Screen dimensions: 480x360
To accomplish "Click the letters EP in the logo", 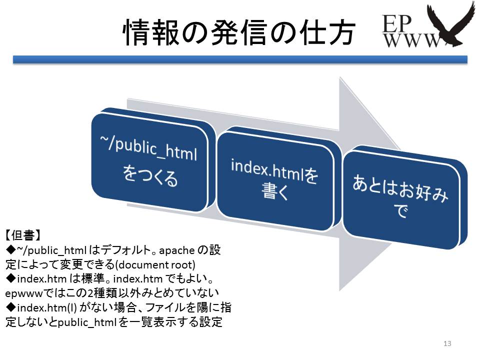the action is pyautogui.click(x=396, y=23).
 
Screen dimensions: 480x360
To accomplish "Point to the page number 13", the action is pyautogui.click(x=447, y=343).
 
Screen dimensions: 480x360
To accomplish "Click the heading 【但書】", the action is pyautogui.click(x=23, y=235).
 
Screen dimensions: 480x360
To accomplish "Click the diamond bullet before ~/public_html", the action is pyautogui.click(x=10, y=250).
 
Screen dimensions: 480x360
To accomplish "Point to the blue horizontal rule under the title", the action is pyautogui.click(x=240, y=59).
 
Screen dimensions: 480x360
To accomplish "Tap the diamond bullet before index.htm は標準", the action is pyautogui.click(x=10, y=278).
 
